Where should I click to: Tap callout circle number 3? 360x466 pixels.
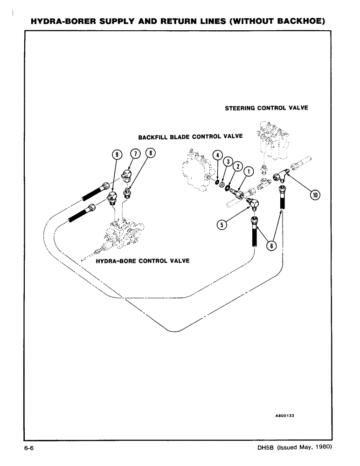pyautogui.click(x=228, y=161)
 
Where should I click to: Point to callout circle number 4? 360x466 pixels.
pyautogui.click(x=217, y=155)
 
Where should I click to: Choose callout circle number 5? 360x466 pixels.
pyautogui.click(x=222, y=225)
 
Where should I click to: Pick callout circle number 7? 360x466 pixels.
pyautogui.click(x=134, y=153)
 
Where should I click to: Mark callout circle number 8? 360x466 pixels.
pyautogui.click(x=149, y=153)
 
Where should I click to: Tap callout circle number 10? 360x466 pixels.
pyautogui.click(x=315, y=195)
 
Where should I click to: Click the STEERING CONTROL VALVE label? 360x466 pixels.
pyautogui.click(x=266, y=108)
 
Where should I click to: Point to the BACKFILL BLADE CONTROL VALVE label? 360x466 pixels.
pyautogui.click(x=190, y=137)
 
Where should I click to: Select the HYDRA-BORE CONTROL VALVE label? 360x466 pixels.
pyautogui.click(x=143, y=260)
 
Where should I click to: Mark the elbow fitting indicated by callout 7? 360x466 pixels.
pyautogui.click(x=126, y=175)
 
